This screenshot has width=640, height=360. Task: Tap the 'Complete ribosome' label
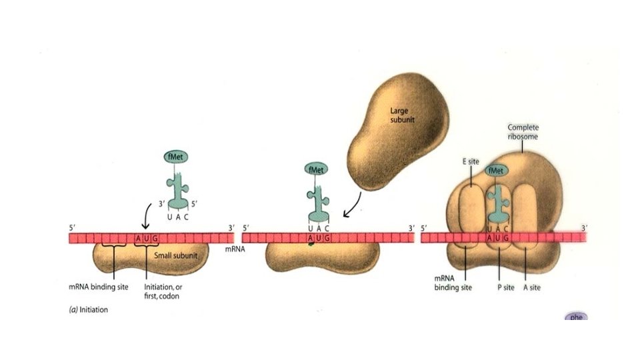click(x=523, y=131)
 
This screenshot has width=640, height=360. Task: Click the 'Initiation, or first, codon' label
click(x=162, y=291)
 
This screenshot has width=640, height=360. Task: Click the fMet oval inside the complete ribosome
click(x=497, y=171)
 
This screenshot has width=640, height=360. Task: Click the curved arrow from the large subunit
click(x=353, y=203)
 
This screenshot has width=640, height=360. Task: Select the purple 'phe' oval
click(x=575, y=317)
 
